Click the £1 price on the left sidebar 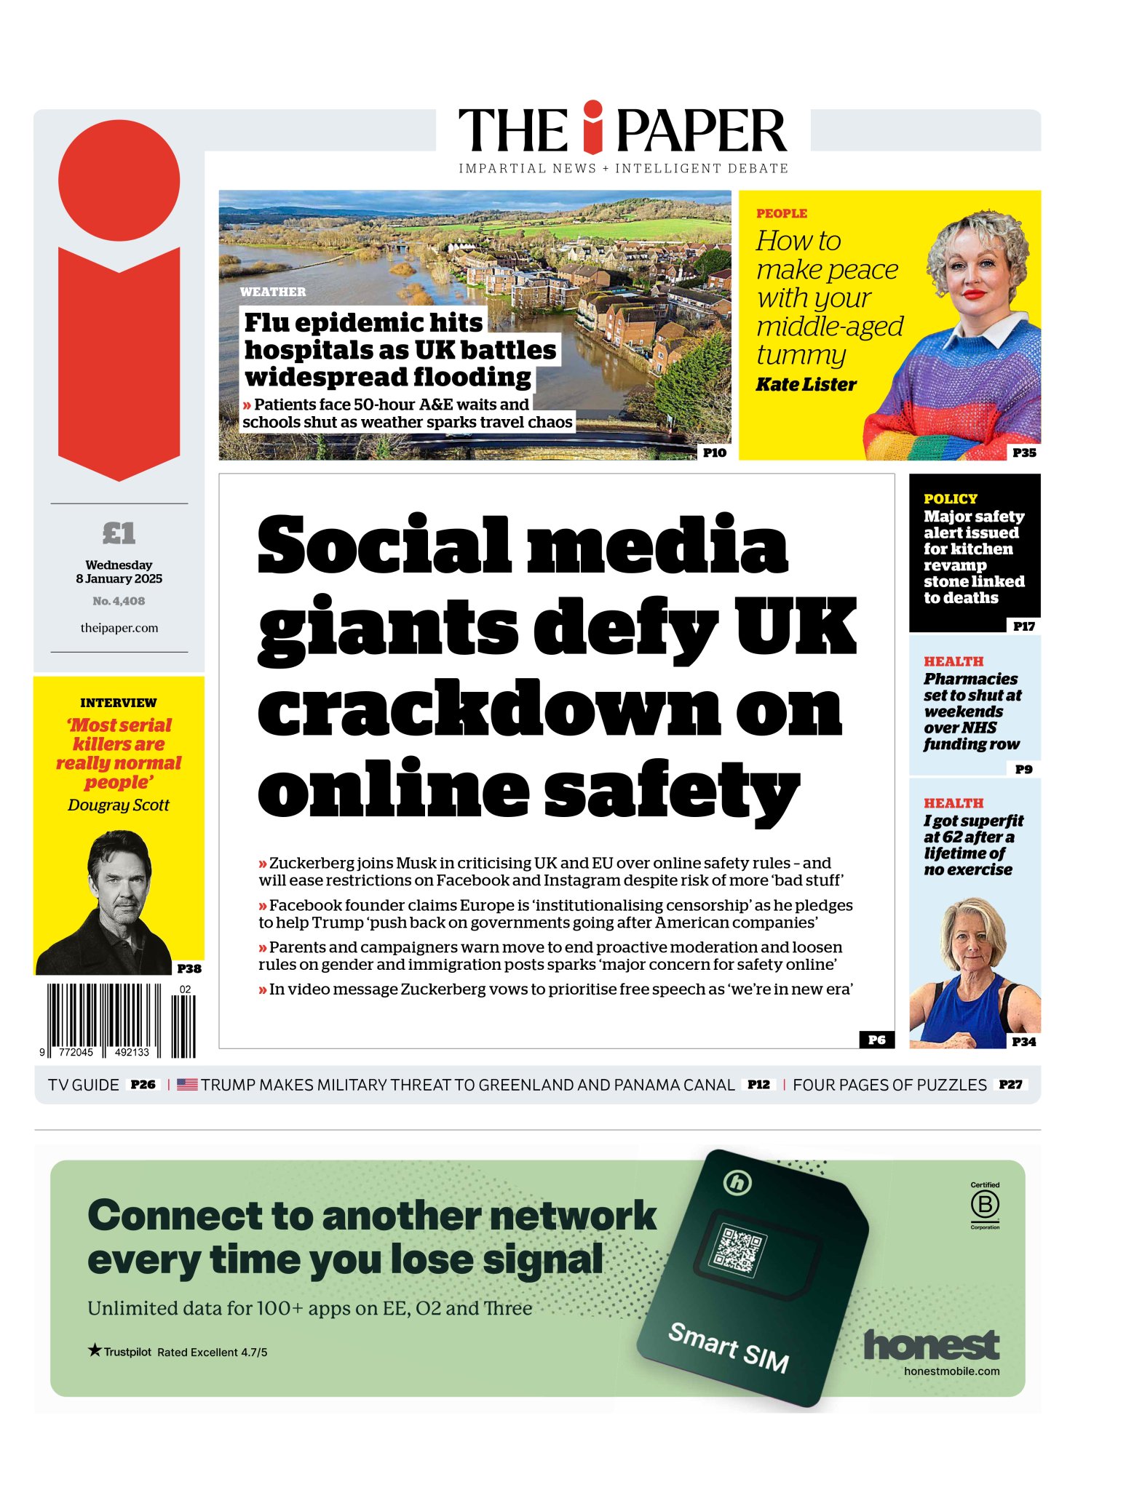(x=119, y=533)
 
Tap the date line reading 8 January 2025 (x=119, y=579)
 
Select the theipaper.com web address (x=119, y=628)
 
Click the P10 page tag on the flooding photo (x=714, y=453)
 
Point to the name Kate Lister (x=806, y=384)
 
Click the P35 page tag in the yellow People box (x=1023, y=453)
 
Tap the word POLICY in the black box (x=950, y=499)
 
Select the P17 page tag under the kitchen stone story (x=1023, y=626)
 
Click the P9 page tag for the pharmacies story (x=1023, y=769)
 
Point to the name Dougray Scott (x=119, y=805)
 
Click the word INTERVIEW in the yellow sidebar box (x=119, y=703)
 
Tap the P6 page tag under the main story (x=876, y=1040)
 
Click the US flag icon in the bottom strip (x=187, y=1085)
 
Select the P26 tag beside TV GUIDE (x=143, y=1085)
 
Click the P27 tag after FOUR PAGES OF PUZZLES (x=1010, y=1085)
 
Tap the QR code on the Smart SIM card (x=739, y=1247)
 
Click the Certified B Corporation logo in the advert (x=984, y=1206)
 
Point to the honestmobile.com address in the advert (x=951, y=1371)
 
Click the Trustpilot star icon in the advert (x=95, y=1350)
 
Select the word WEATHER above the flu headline (x=273, y=292)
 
